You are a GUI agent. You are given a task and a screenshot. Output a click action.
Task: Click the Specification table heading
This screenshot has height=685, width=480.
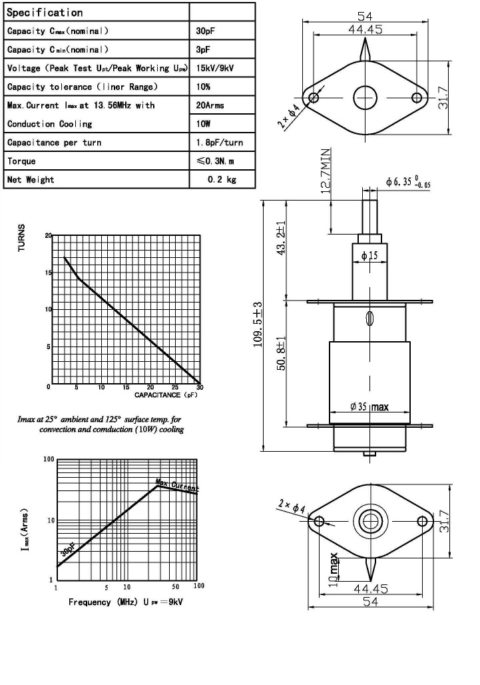45,13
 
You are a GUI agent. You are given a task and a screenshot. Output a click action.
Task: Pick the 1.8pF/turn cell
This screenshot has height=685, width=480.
220,143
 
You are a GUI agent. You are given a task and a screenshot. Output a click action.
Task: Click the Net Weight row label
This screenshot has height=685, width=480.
31,179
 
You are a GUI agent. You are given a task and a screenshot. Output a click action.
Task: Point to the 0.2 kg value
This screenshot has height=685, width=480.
222,179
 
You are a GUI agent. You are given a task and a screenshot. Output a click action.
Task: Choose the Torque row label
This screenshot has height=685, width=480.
22,161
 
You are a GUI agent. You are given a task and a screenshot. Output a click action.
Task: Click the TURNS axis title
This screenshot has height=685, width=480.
21,237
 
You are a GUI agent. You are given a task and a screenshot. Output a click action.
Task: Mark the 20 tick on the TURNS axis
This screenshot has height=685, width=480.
48,237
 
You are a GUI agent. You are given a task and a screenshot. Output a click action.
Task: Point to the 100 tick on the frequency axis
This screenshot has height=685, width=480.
198,586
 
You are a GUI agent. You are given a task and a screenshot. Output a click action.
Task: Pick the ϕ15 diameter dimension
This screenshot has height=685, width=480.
369,256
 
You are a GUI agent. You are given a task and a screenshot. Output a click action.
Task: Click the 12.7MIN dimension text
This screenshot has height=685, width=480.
326,172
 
